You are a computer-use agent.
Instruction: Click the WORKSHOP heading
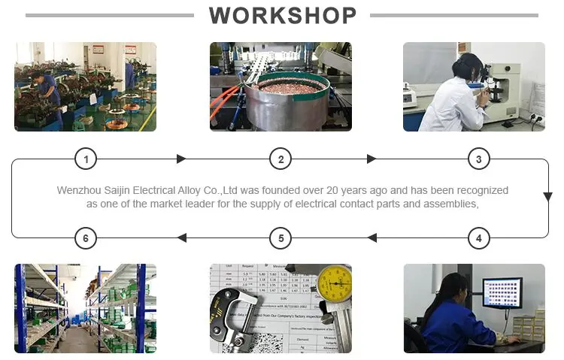click(x=282, y=15)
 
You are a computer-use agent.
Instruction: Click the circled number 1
click(x=86, y=159)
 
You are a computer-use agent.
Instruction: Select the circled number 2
click(x=280, y=159)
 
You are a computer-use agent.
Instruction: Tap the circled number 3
click(x=478, y=159)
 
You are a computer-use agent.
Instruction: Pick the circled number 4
click(x=478, y=239)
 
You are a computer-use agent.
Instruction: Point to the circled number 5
click(x=280, y=239)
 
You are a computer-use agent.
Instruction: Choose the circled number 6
click(x=86, y=239)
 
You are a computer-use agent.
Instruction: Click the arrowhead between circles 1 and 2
click(x=180, y=159)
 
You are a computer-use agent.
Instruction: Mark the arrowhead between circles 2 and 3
click(x=371, y=159)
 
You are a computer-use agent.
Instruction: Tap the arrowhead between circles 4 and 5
click(x=371, y=239)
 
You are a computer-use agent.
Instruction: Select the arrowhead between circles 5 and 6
click(x=181, y=239)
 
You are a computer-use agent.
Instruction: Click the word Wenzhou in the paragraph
click(x=78, y=191)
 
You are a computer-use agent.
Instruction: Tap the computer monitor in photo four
click(x=502, y=293)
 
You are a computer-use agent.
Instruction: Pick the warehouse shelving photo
click(x=85, y=308)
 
